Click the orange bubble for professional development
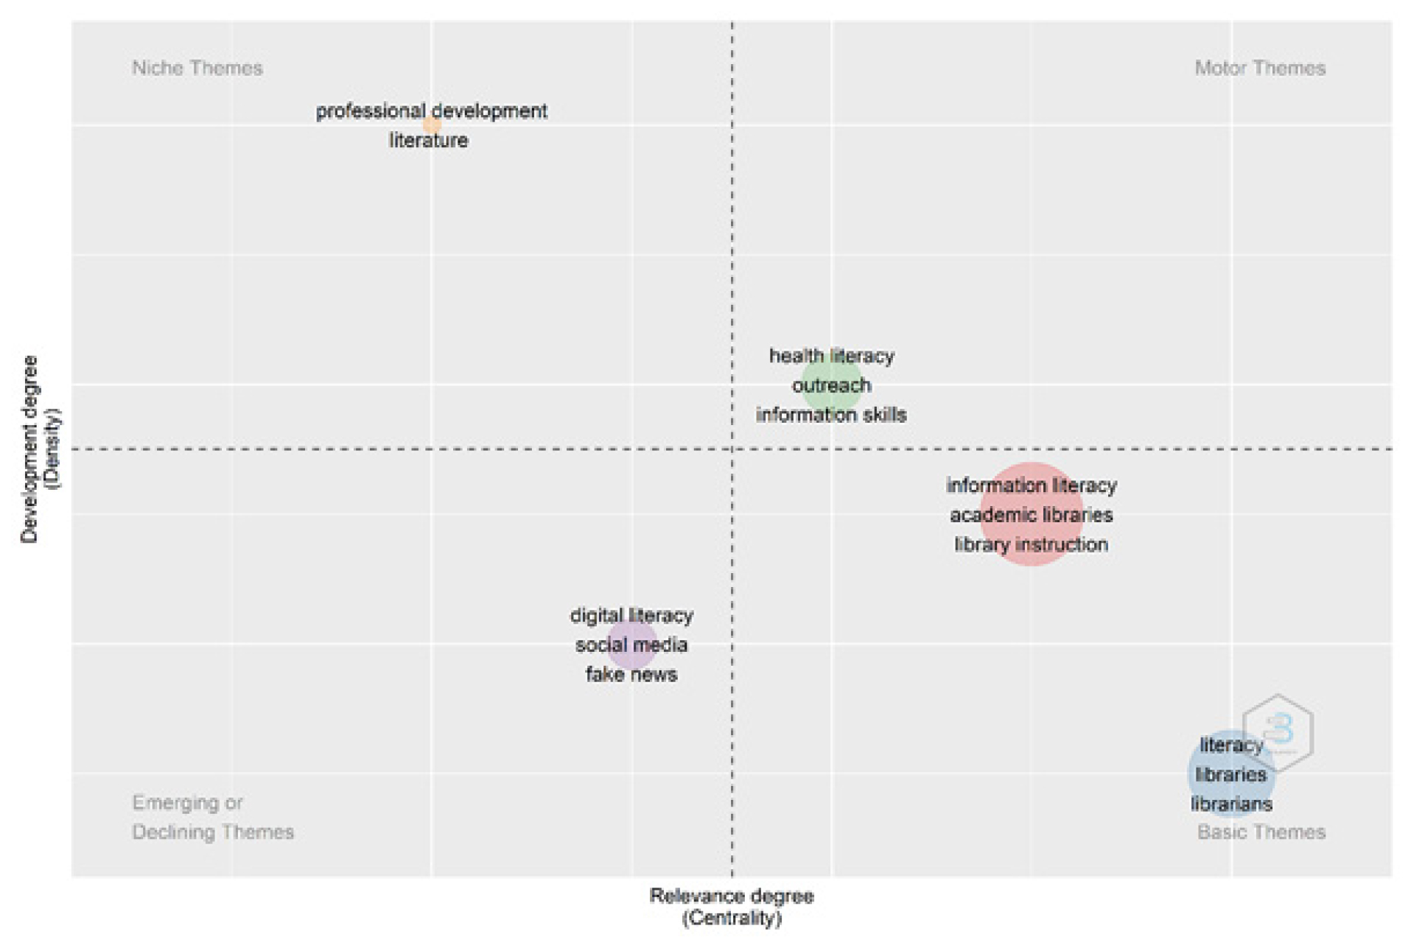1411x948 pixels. click(x=432, y=125)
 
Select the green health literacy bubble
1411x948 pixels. click(x=831, y=385)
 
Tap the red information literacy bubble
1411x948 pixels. click(x=1031, y=514)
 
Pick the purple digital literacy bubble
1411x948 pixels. click(x=631, y=645)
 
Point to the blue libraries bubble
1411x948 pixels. click(x=1231, y=773)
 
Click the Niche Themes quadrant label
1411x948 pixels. click(x=197, y=68)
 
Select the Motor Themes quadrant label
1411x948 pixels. click(x=1260, y=68)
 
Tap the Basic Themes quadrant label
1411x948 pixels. click(x=1261, y=832)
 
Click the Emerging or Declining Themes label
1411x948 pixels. click(x=213, y=818)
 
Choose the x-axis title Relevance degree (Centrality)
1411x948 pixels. click(x=732, y=907)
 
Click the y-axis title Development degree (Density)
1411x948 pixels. click(x=41, y=449)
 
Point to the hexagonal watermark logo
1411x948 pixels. click(x=1278, y=732)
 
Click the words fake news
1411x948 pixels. click(x=631, y=674)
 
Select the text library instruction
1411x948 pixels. click(x=1031, y=544)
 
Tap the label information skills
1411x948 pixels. click(x=831, y=415)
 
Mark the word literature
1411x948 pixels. click(x=429, y=140)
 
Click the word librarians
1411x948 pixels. click(x=1231, y=804)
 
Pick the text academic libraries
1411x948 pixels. click(x=1031, y=515)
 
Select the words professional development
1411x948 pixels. click(x=432, y=111)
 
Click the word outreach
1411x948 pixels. click(x=831, y=385)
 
